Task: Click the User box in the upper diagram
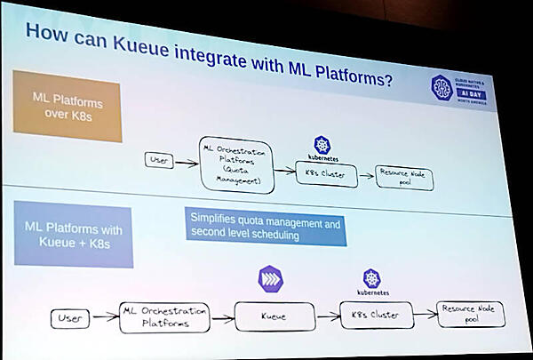point(158,161)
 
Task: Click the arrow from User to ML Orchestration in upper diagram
point(187,162)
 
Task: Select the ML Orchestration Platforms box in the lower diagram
point(163,316)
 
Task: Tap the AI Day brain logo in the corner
point(442,87)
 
